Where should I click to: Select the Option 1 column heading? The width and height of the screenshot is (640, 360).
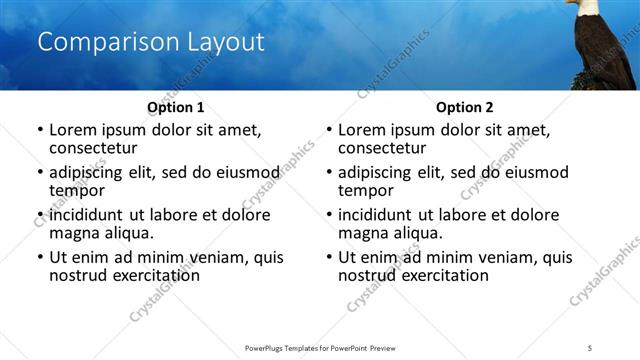(x=176, y=107)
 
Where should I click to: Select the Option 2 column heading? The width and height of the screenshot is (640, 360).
(x=465, y=107)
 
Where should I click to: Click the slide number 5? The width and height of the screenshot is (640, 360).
(x=590, y=347)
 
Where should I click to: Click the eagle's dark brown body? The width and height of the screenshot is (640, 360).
(x=602, y=50)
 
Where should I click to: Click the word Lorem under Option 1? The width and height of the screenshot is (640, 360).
(x=74, y=130)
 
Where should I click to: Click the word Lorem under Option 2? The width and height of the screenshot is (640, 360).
(x=363, y=130)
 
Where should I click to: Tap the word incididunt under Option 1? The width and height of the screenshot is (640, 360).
(x=87, y=215)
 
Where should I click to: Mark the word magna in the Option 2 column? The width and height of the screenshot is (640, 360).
(x=362, y=233)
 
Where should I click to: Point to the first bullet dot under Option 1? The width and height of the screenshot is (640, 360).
(x=39, y=131)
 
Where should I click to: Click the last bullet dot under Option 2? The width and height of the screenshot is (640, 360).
(x=328, y=258)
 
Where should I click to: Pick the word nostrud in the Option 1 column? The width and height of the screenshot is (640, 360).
(x=77, y=275)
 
